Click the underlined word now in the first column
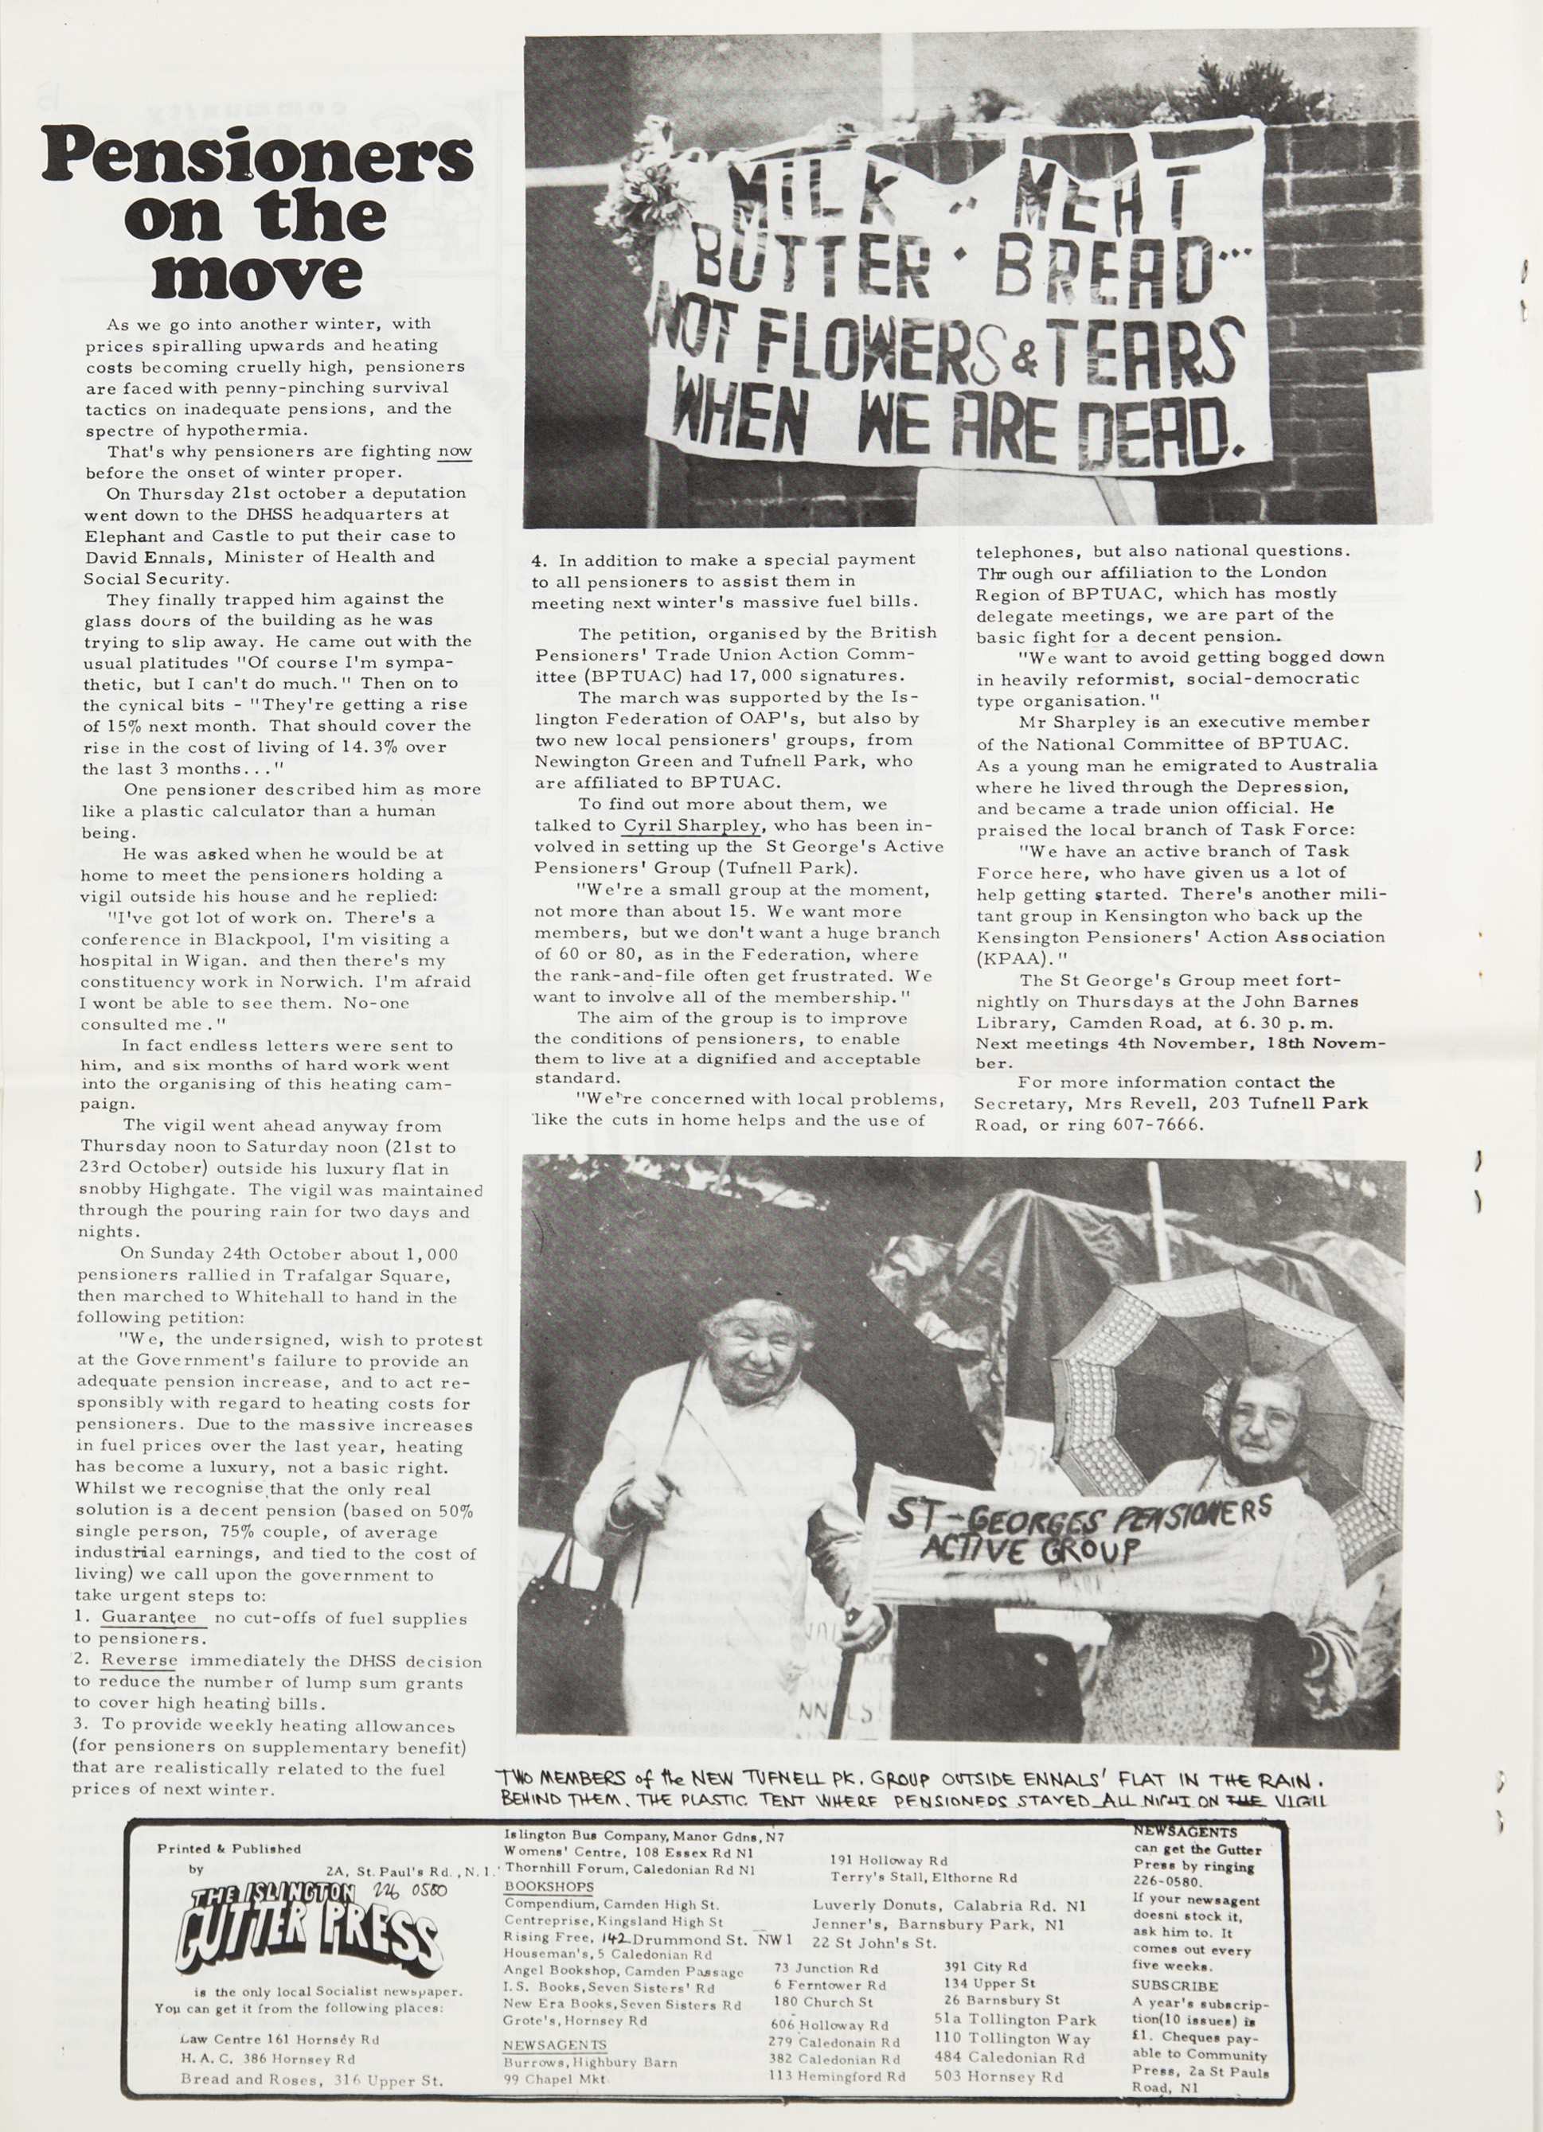[x=455, y=452]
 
